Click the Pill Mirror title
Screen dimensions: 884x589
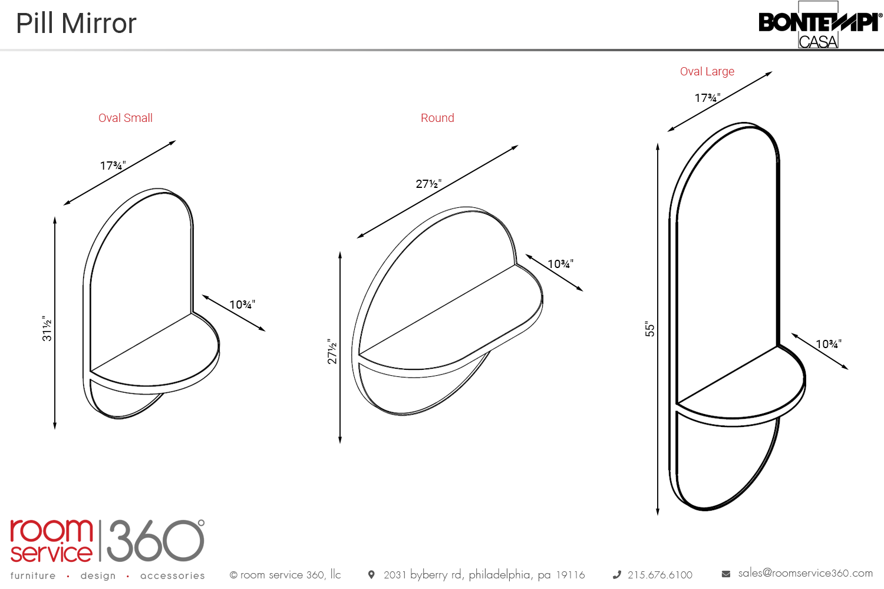76,24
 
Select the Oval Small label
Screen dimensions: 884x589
126,118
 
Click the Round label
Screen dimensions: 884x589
437,118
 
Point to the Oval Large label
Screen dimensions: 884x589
707,71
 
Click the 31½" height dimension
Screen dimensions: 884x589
47,328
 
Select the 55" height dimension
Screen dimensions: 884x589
649,329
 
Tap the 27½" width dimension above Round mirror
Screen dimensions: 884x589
428,184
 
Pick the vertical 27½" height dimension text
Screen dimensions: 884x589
332,351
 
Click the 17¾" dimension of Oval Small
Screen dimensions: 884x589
113,166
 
